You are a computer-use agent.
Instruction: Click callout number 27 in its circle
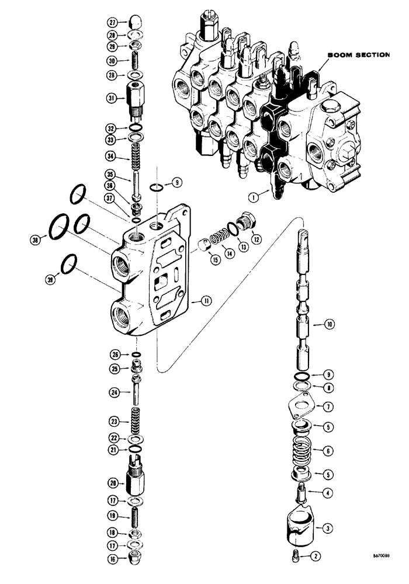(113, 23)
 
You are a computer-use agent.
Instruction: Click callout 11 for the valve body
(205, 301)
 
